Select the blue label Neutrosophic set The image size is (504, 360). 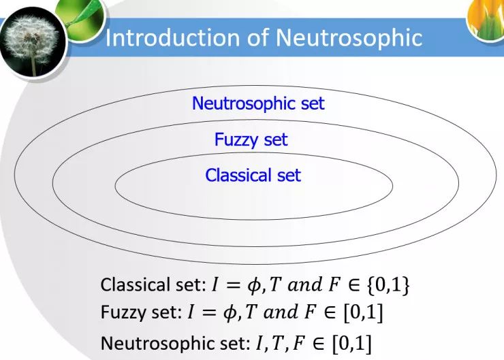pyautogui.click(x=258, y=104)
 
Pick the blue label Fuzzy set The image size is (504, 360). pyautogui.click(x=251, y=140)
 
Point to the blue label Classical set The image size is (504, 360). pyautogui.click(x=253, y=176)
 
